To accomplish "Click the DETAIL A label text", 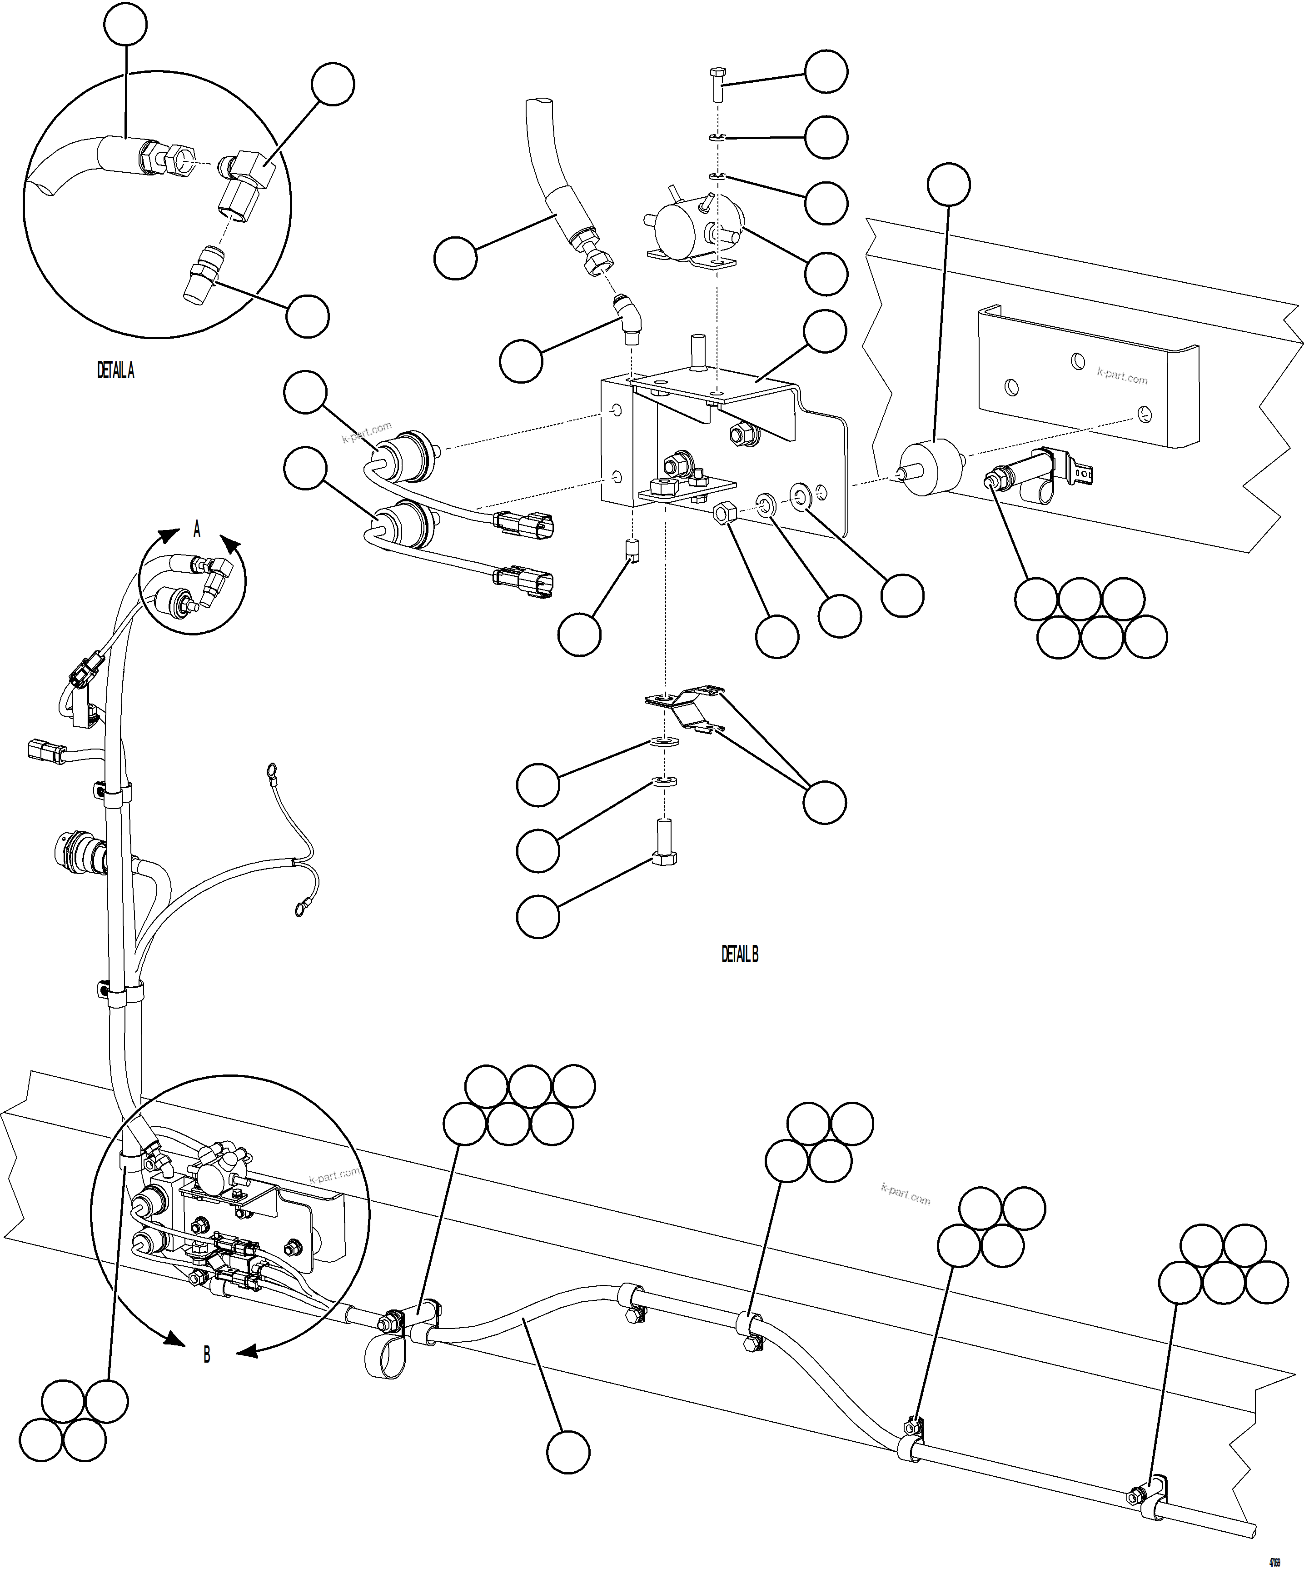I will click(x=116, y=370).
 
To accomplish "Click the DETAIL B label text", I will click(x=739, y=954).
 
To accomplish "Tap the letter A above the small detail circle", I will click(x=197, y=530).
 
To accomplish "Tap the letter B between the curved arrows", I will click(x=207, y=1354).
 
